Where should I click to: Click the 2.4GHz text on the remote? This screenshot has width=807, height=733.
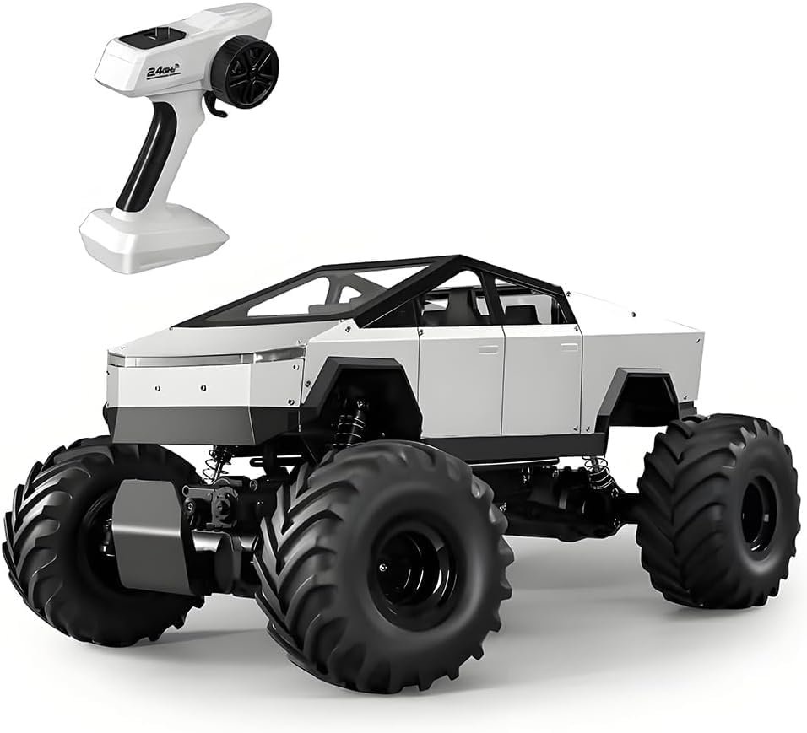coord(164,71)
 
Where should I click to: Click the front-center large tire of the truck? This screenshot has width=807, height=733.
coord(384,564)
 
